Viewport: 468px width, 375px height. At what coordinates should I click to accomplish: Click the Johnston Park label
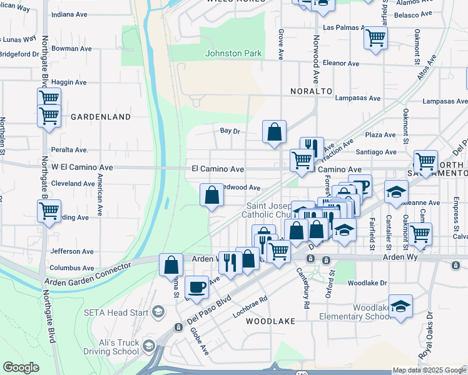click(x=233, y=53)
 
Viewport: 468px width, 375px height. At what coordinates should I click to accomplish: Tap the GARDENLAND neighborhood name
click(x=100, y=117)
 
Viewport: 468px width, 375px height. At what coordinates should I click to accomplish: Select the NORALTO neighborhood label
click(x=311, y=91)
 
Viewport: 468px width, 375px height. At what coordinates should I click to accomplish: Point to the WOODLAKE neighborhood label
click(x=270, y=321)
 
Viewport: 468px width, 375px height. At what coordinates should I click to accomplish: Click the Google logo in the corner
click(x=21, y=367)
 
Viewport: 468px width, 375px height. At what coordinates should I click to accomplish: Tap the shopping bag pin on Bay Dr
click(x=274, y=132)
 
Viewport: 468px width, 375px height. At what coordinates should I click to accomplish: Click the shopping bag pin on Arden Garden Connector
click(x=171, y=265)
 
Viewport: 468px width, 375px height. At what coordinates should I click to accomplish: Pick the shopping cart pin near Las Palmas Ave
click(x=375, y=37)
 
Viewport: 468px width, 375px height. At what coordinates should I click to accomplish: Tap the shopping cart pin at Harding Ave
click(x=49, y=211)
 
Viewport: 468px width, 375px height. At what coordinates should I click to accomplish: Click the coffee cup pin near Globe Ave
click(x=197, y=286)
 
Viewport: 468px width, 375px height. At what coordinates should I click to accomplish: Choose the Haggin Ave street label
click(x=69, y=82)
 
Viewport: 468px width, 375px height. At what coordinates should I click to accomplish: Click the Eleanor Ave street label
click(x=341, y=64)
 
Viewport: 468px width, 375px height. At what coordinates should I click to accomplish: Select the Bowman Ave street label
click(x=72, y=49)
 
